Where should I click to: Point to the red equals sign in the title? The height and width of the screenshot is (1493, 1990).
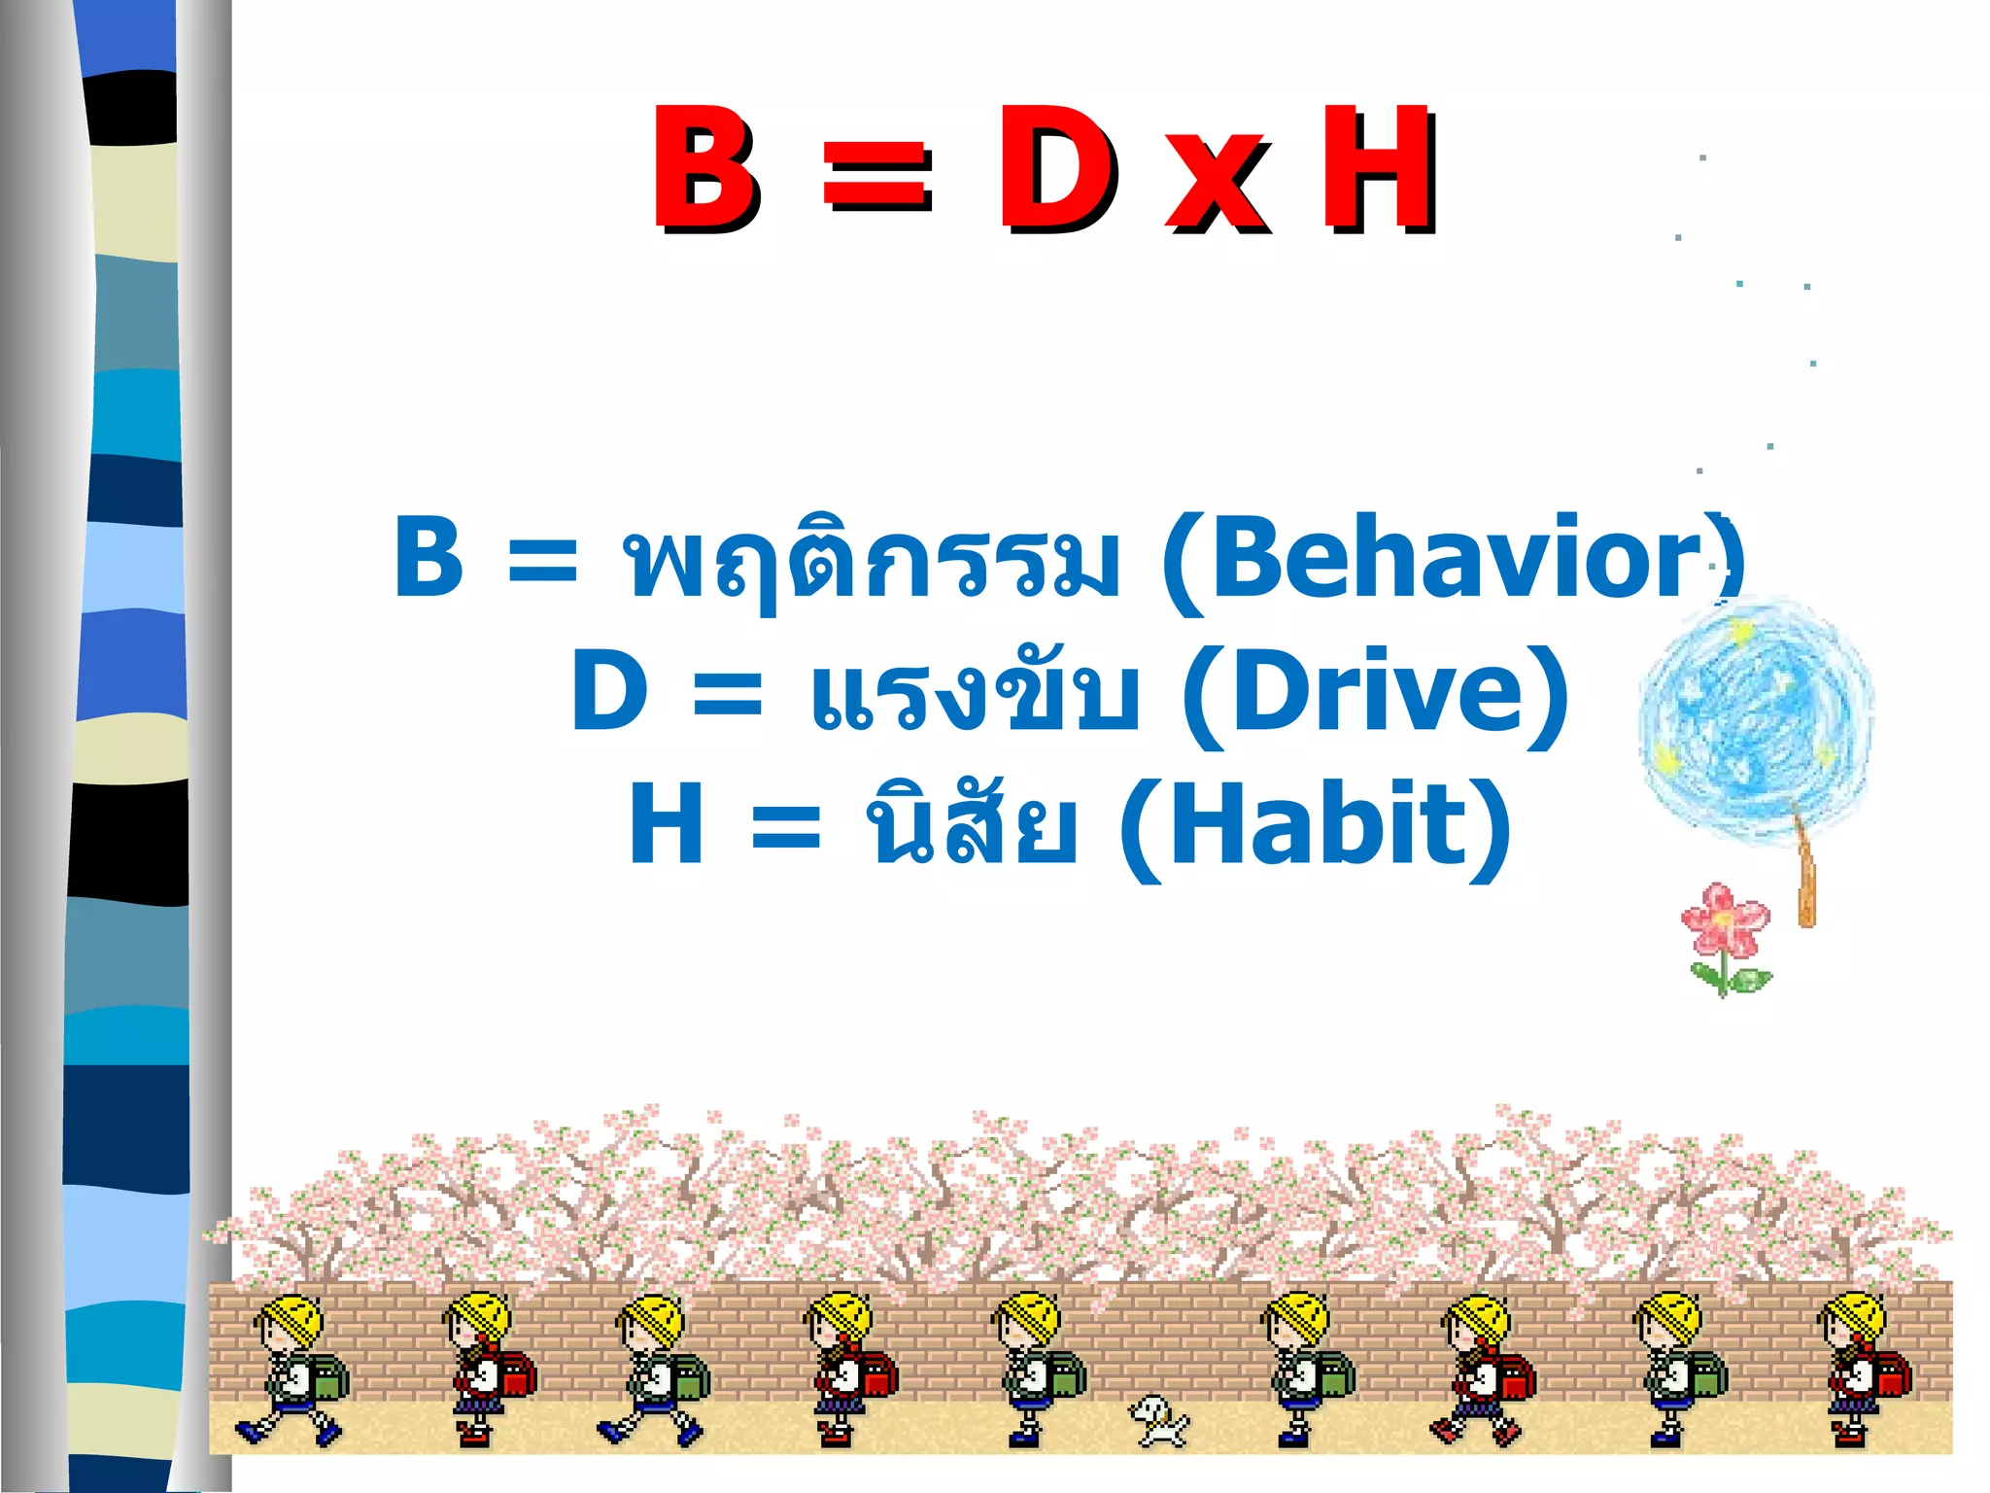point(876,178)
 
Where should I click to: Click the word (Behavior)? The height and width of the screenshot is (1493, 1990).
point(1454,562)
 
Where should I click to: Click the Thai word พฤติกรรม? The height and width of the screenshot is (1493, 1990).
point(871,560)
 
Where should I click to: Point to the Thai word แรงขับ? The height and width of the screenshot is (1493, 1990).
point(975,692)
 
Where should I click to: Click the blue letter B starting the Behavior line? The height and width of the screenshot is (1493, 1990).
point(429,557)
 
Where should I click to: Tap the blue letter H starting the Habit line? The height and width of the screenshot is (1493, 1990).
point(666,825)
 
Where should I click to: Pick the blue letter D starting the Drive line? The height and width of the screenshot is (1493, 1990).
point(609,691)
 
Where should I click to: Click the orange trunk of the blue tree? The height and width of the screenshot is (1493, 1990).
point(1805,875)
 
